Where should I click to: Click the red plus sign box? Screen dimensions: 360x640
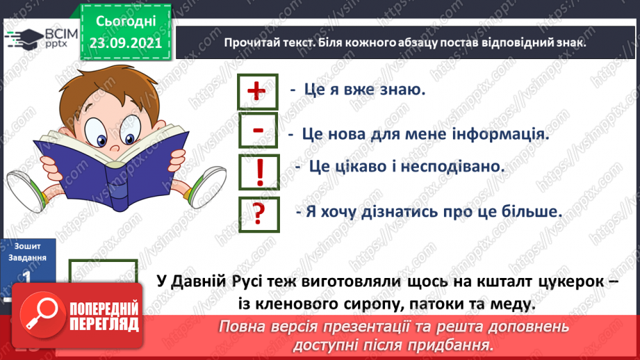(257, 91)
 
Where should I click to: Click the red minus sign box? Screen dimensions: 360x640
(257, 131)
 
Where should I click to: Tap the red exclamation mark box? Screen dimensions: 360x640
(258, 172)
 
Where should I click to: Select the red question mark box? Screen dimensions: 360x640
(258, 213)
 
